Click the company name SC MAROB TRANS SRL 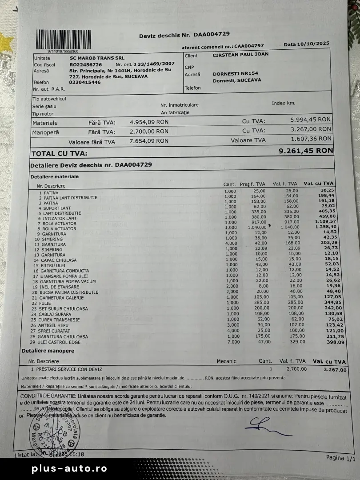97,58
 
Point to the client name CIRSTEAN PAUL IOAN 240,55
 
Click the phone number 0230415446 85,82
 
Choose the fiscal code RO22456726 86,64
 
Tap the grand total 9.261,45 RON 305,151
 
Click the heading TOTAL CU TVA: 60,154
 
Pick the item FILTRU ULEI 56,265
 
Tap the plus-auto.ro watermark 69,469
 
